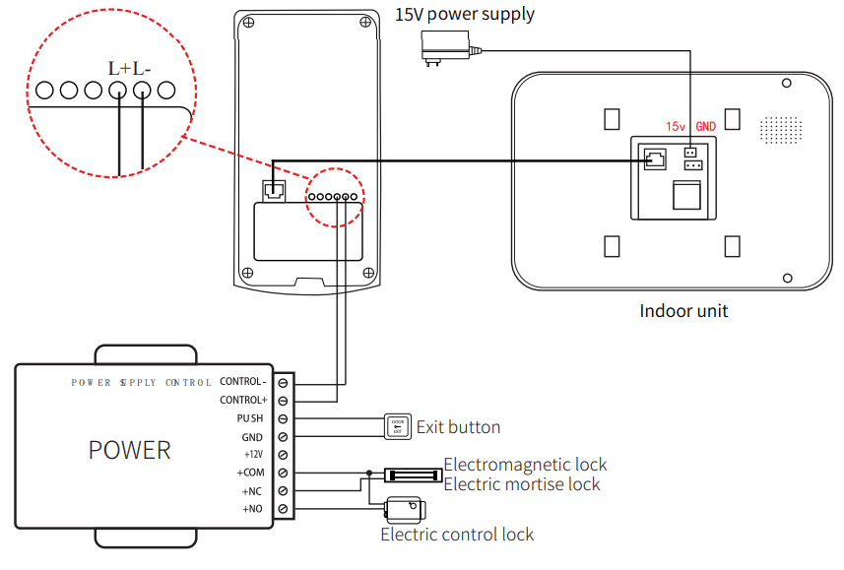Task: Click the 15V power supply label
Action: click(x=464, y=14)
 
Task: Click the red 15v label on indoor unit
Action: click(x=675, y=127)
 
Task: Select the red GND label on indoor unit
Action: click(x=705, y=127)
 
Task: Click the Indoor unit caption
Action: click(x=683, y=311)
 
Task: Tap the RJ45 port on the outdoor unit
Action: click(x=275, y=189)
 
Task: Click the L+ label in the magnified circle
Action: click(x=119, y=69)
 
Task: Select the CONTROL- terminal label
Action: click(x=242, y=382)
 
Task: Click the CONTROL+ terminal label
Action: click(x=242, y=401)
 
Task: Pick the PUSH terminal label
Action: click(x=249, y=418)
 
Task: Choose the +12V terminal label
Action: click(x=253, y=455)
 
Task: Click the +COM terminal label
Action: click(x=251, y=474)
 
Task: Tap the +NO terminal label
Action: click(x=253, y=509)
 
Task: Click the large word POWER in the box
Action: click(x=129, y=451)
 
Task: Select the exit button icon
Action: click(x=397, y=426)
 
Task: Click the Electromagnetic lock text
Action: click(x=525, y=465)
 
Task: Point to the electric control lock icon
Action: click(x=404, y=509)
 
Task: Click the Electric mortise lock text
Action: click(x=521, y=483)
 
